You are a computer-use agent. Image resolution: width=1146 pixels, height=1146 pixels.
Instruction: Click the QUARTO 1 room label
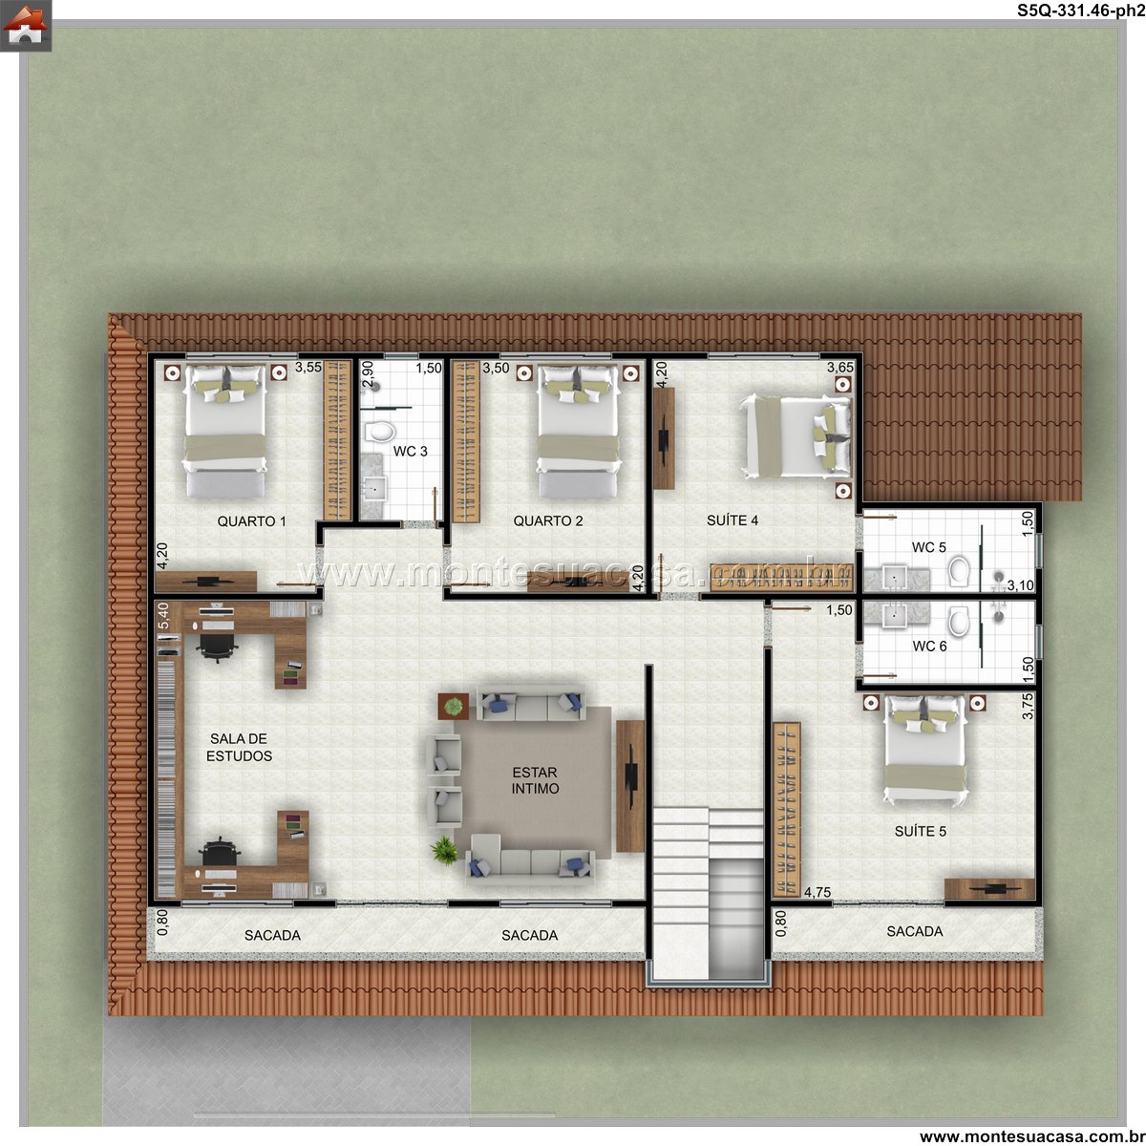pyautogui.click(x=251, y=521)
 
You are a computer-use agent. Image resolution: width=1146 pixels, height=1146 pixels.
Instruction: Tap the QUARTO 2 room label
pyautogui.click(x=548, y=521)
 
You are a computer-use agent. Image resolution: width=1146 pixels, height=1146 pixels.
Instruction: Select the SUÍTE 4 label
pyautogui.click(x=732, y=520)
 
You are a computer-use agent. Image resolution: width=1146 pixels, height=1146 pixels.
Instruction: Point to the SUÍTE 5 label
pyautogui.click(x=920, y=832)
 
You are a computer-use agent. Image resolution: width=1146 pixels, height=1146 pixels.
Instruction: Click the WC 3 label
pyautogui.click(x=410, y=452)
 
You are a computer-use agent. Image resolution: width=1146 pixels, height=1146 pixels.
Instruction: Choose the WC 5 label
pyautogui.click(x=928, y=547)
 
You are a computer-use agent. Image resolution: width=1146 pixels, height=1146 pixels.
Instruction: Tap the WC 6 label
pyautogui.click(x=929, y=646)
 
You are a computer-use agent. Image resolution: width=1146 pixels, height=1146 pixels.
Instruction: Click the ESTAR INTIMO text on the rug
pyautogui.click(x=535, y=780)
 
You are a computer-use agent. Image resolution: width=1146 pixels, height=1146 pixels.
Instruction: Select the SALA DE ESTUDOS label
pyautogui.click(x=239, y=747)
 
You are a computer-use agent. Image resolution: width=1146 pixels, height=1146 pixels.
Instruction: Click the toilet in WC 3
pyautogui.click(x=379, y=432)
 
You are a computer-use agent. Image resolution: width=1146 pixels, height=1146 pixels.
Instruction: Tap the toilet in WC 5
pyautogui.click(x=958, y=571)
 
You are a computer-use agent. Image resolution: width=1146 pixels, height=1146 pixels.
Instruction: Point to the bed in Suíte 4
pyautogui.click(x=796, y=437)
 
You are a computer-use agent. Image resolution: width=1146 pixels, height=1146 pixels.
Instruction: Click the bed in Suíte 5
pyautogui.click(x=923, y=751)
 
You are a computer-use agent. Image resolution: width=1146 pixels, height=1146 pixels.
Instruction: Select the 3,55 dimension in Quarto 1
pyautogui.click(x=308, y=368)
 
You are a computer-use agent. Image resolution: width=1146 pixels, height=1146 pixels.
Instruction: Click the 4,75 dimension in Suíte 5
pyautogui.click(x=817, y=892)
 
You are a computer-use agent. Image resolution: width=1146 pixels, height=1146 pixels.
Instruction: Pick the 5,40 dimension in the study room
pyautogui.click(x=163, y=616)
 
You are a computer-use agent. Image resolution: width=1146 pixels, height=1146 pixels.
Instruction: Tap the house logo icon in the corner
pyautogui.click(x=26, y=26)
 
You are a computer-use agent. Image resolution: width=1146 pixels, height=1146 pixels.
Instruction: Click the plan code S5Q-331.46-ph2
pyautogui.click(x=1080, y=11)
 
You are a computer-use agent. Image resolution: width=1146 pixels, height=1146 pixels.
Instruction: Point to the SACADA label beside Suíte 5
pyautogui.click(x=915, y=931)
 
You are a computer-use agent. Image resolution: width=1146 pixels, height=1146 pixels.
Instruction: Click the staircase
pyautogui.click(x=708, y=892)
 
